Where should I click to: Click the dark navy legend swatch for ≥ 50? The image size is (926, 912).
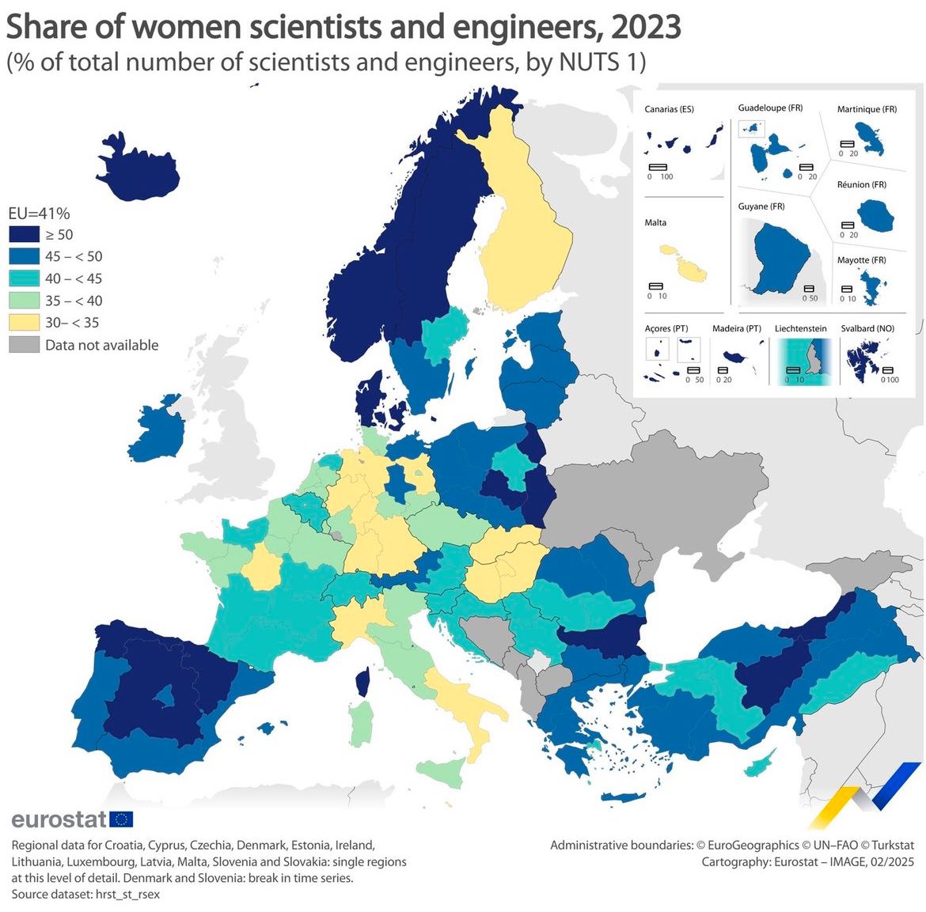tap(24, 234)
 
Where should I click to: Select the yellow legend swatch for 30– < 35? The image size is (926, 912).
tap(24, 323)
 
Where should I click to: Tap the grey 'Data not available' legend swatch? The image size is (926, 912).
tap(24, 345)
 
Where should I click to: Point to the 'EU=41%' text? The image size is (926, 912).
tap(39, 214)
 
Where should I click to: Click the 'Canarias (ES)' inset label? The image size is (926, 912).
tap(669, 109)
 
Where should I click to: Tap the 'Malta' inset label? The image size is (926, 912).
tap(655, 223)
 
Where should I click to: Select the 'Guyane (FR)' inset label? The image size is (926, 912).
tap(761, 206)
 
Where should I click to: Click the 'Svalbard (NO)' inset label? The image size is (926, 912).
tap(867, 328)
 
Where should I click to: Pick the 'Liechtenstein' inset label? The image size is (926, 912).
tap(800, 328)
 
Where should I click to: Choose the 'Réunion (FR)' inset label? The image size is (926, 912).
tap(861, 185)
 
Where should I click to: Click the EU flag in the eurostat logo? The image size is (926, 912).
tap(121, 819)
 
